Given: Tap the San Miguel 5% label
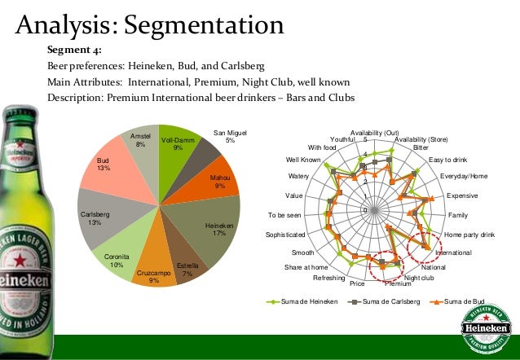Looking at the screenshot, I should (230, 136).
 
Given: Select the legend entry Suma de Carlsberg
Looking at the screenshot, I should (385, 301).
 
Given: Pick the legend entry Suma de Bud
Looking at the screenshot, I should (461, 301).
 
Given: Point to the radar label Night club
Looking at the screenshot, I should (420, 278).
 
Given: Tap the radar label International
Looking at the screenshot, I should (453, 253).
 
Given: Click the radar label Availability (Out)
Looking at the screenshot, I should (374, 133).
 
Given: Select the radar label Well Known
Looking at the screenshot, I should (303, 159).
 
